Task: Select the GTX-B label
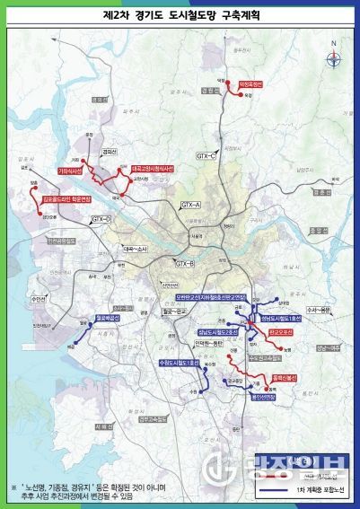[x=185, y=263]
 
